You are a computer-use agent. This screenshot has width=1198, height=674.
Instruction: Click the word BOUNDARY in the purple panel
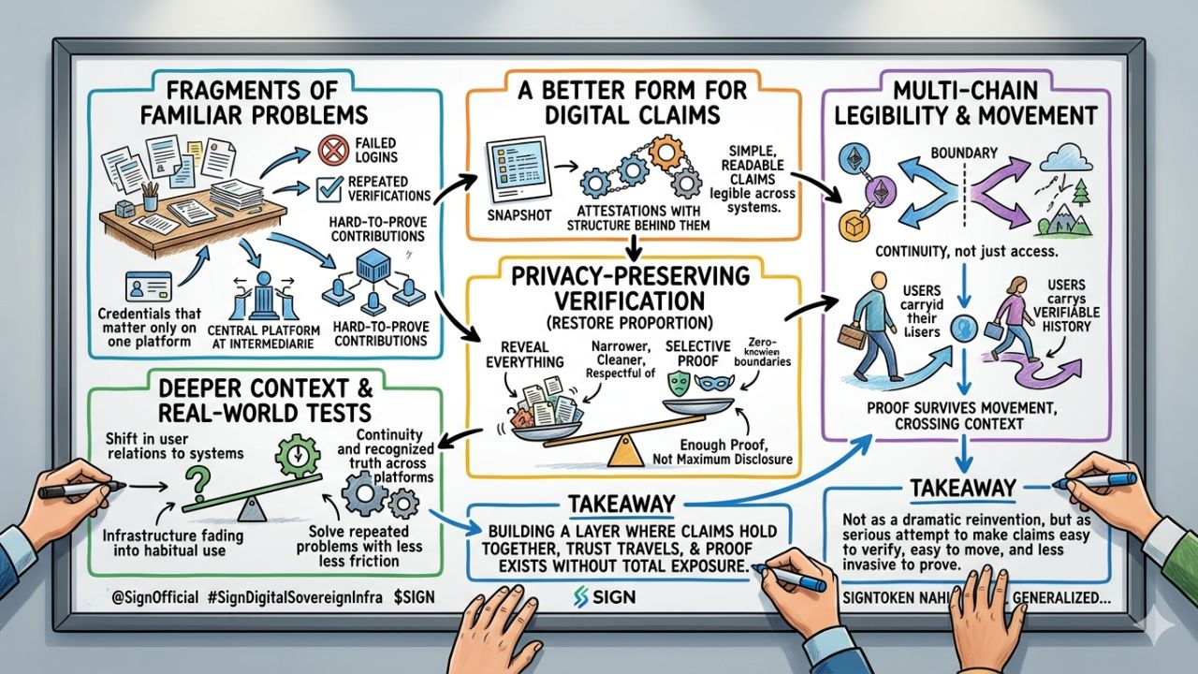pyautogui.click(x=963, y=152)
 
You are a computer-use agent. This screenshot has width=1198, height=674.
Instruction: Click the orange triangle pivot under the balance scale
pyautogui.click(x=619, y=452)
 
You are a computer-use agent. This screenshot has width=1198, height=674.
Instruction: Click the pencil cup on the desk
pyautogui.click(x=149, y=198)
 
